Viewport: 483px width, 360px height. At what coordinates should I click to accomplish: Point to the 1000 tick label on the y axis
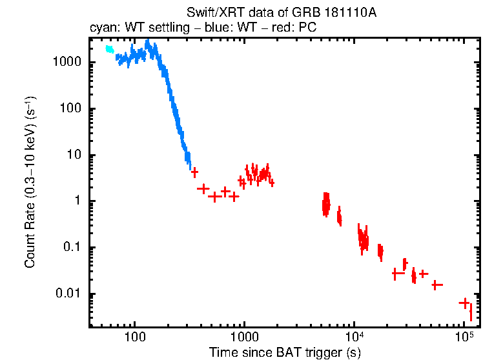[x=67, y=62]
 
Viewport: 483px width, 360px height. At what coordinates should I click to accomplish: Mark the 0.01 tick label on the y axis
[x=69, y=294]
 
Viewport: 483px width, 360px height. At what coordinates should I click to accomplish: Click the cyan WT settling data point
[x=110, y=49]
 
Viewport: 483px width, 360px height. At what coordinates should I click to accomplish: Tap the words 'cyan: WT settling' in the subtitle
[x=131, y=28]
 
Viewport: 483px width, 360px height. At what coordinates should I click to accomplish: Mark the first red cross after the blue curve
[x=194, y=172]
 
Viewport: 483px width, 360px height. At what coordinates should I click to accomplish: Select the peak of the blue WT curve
[x=148, y=43]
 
